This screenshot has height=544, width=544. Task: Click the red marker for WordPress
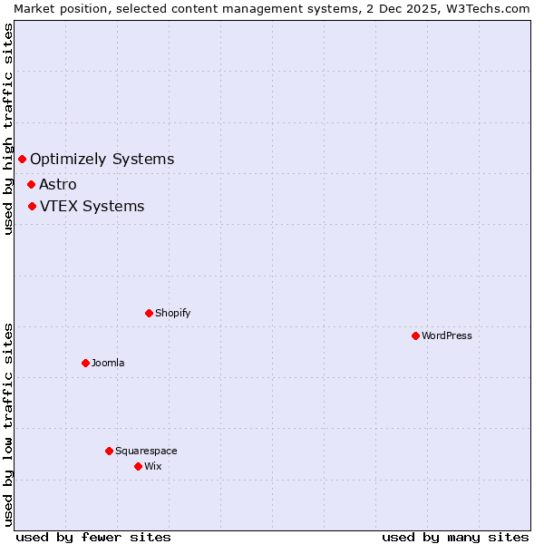point(415,335)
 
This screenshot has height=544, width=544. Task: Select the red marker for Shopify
point(149,313)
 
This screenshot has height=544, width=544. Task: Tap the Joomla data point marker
point(85,363)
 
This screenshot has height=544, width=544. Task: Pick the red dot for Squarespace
point(109,451)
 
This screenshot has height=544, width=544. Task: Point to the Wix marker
point(138,466)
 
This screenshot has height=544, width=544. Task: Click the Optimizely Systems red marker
point(22,160)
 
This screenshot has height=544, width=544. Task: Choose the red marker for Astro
point(31,184)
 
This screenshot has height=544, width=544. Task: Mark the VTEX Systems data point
point(32,206)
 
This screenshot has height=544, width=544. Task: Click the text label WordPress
point(447,335)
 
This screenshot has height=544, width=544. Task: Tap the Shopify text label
point(173,313)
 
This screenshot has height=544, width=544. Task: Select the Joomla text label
point(108,363)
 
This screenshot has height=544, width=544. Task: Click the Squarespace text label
point(146,451)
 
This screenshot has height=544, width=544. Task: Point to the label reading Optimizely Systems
point(102,160)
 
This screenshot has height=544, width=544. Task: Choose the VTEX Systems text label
point(92,206)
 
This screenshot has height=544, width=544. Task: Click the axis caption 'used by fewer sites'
point(93,537)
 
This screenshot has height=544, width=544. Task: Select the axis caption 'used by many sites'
point(455,537)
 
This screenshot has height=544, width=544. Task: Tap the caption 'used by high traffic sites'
point(8,130)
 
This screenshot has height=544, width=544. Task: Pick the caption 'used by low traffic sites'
point(8,424)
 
